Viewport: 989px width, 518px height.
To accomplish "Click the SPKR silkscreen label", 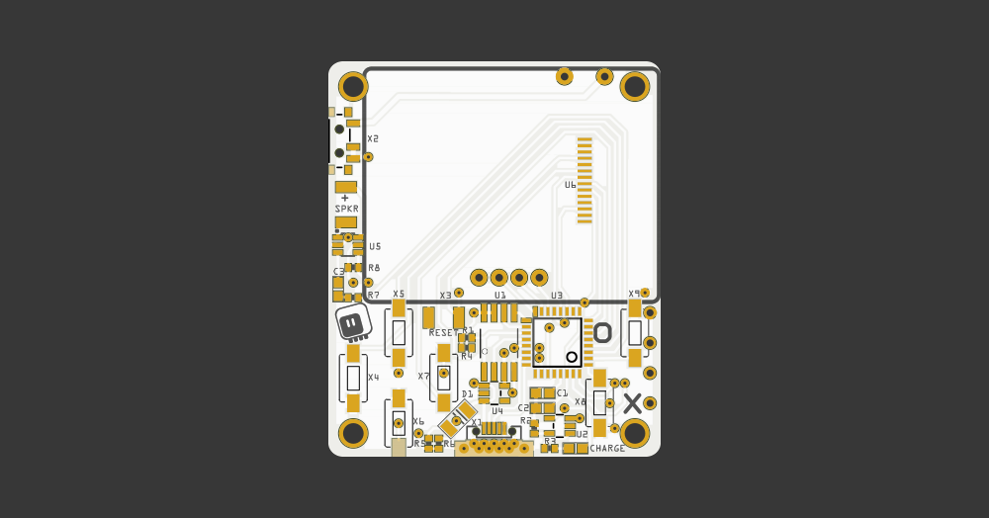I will coord(346,210).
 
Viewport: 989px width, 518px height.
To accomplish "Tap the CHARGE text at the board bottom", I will coord(607,449).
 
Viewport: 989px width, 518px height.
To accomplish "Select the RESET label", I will coord(444,333).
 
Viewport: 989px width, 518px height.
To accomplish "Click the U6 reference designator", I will coord(571,185).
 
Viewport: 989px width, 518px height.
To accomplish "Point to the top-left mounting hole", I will coord(353,86).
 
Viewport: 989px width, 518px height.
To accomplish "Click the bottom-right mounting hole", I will coord(634,433).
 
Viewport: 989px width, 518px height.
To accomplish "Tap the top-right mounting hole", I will coord(634,86).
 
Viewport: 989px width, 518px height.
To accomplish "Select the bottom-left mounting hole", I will coord(353,433).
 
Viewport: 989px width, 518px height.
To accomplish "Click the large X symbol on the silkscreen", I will coord(632,402).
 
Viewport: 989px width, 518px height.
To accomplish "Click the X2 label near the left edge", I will coord(373,139).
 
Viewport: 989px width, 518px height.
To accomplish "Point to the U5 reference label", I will coord(375,246).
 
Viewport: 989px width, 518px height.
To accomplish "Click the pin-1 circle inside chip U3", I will coord(572,356).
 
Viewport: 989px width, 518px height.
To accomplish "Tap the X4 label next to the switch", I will coord(373,378).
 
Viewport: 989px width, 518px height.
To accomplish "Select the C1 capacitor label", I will coord(562,393).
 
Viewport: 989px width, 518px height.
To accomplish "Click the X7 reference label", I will coord(423,377).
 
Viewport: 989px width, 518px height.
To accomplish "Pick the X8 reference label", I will coord(580,402).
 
